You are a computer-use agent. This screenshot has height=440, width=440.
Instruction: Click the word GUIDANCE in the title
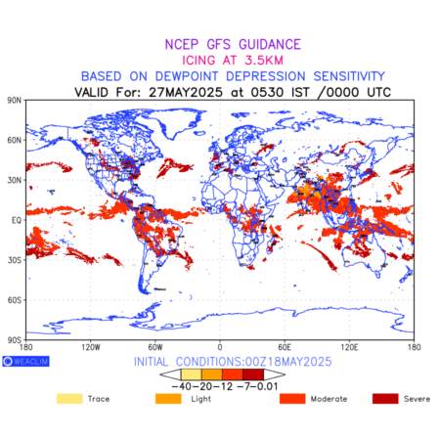[x=270, y=44]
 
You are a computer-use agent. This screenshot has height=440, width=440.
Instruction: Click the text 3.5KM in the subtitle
[x=264, y=61]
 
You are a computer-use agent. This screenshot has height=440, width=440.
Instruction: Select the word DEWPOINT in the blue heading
[x=187, y=76]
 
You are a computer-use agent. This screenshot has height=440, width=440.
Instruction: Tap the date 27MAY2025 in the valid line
[x=186, y=92]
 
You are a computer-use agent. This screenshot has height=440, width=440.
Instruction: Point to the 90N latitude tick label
[x=15, y=100]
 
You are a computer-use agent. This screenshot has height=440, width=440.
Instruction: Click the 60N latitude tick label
[x=15, y=140]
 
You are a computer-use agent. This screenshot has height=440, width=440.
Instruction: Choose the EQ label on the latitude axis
[x=17, y=220]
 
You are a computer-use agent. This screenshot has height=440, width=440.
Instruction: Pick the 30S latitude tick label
[x=15, y=260]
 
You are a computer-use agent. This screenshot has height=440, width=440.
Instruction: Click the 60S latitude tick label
[x=15, y=300]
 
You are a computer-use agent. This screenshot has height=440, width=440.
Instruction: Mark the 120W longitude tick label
[x=91, y=347]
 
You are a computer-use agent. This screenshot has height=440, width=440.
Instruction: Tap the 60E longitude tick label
[x=285, y=347]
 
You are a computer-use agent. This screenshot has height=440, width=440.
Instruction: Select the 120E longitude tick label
[x=349, y=347]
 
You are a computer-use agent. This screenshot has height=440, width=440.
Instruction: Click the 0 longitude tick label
[x=220, y=347]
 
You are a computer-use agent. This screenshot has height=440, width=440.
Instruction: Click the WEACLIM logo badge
[x=25, y=361]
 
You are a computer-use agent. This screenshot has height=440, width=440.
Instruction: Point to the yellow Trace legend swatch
[x=69, y=399]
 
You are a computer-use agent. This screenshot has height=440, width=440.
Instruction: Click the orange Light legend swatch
[x=168, y=399]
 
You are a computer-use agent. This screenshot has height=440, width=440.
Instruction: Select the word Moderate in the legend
[x=329, y=399]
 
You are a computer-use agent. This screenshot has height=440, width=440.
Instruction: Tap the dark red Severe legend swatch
[x=385, y=399]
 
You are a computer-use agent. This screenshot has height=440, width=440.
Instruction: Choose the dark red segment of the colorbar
[x=253, y=374]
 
